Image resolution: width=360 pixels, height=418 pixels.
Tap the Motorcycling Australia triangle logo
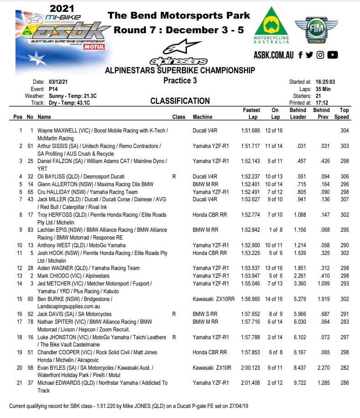(271, 25)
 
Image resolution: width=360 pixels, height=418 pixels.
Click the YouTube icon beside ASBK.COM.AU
(333, 55)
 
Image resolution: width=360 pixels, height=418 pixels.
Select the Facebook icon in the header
(301, 55)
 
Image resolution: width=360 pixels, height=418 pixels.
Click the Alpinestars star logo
(179, 51)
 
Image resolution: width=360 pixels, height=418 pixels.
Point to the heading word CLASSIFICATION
(180, 101)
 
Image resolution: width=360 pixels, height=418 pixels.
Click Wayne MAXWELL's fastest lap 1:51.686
(250, 131)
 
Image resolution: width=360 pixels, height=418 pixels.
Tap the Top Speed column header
(344, 113)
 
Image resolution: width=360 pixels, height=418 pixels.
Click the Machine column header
(202, 117)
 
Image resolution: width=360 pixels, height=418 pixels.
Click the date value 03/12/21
(58, 82)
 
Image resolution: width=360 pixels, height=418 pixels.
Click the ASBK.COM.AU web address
(274, 55)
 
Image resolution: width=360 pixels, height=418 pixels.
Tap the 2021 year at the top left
(62, 8)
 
